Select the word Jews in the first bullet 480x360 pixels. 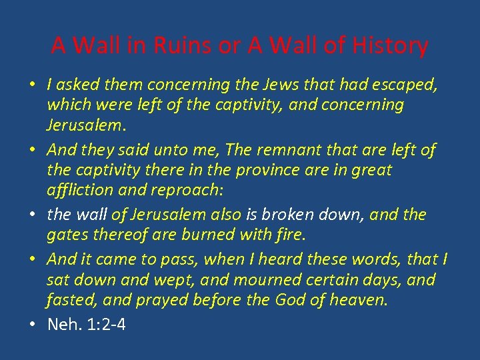(x=284, y=85)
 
